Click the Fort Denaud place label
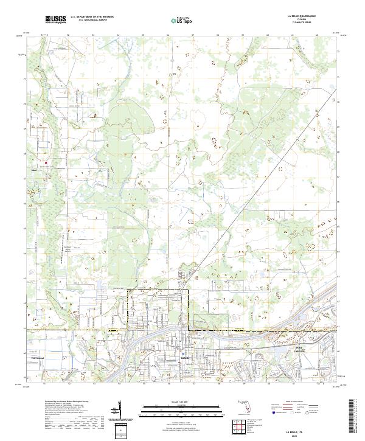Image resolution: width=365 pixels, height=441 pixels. click(38, 358)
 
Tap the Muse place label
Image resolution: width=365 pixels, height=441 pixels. click(34, 170)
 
